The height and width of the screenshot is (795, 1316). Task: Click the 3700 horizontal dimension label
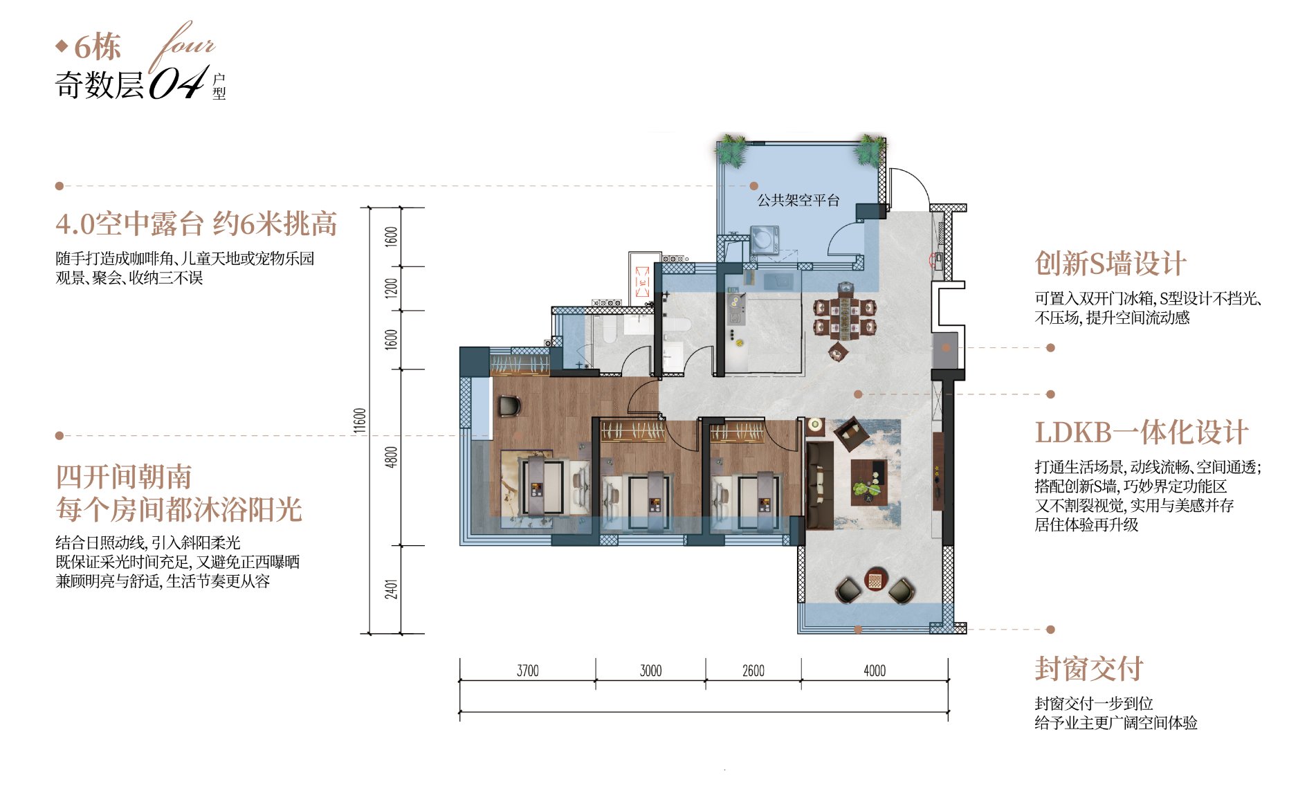(x=527, y=670)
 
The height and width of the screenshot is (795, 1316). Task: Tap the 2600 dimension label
(x=753, y=670)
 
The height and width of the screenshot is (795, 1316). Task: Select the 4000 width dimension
(x=875, y=670)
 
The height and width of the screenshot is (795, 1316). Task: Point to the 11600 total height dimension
(x=359, y=421)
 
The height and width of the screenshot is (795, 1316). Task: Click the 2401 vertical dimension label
(x=392, y=589)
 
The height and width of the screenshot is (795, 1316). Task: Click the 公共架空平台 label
(x=798, y=200)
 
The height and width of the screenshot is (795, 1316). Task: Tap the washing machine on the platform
(x=765, y=240)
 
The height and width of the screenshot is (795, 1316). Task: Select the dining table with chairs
(x=845, y=318)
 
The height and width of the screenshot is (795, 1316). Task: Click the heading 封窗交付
(x=1089, y=669)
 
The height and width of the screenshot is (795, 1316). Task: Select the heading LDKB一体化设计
(x=1142, y=432)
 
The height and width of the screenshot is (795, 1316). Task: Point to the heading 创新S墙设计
(x=1111, y=264)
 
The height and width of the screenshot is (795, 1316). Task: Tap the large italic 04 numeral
(x=179, y=84)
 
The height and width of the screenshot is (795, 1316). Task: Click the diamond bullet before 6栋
(x=62, y=46)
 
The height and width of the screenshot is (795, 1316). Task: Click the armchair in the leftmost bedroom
(x=509, y=406)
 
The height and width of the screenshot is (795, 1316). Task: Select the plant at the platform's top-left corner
(x=732, y=149)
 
